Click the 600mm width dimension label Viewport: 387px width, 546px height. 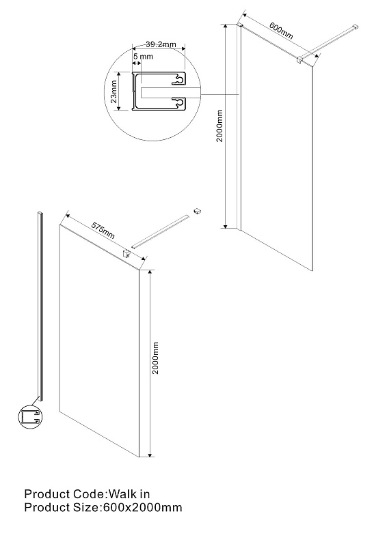(281, 30)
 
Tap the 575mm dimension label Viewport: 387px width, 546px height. (103, 230)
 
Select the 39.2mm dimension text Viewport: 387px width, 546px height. (161, 44)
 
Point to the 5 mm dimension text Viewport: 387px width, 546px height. (143, 56)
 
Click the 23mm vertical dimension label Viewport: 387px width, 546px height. (114, 91)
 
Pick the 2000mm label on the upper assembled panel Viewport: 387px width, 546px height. (219, 126)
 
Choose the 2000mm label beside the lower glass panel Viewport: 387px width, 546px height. (155, 358)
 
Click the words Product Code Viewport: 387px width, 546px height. (64, 493)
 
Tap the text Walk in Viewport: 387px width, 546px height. (129, 493)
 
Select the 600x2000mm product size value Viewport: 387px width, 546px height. (143, 507)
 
